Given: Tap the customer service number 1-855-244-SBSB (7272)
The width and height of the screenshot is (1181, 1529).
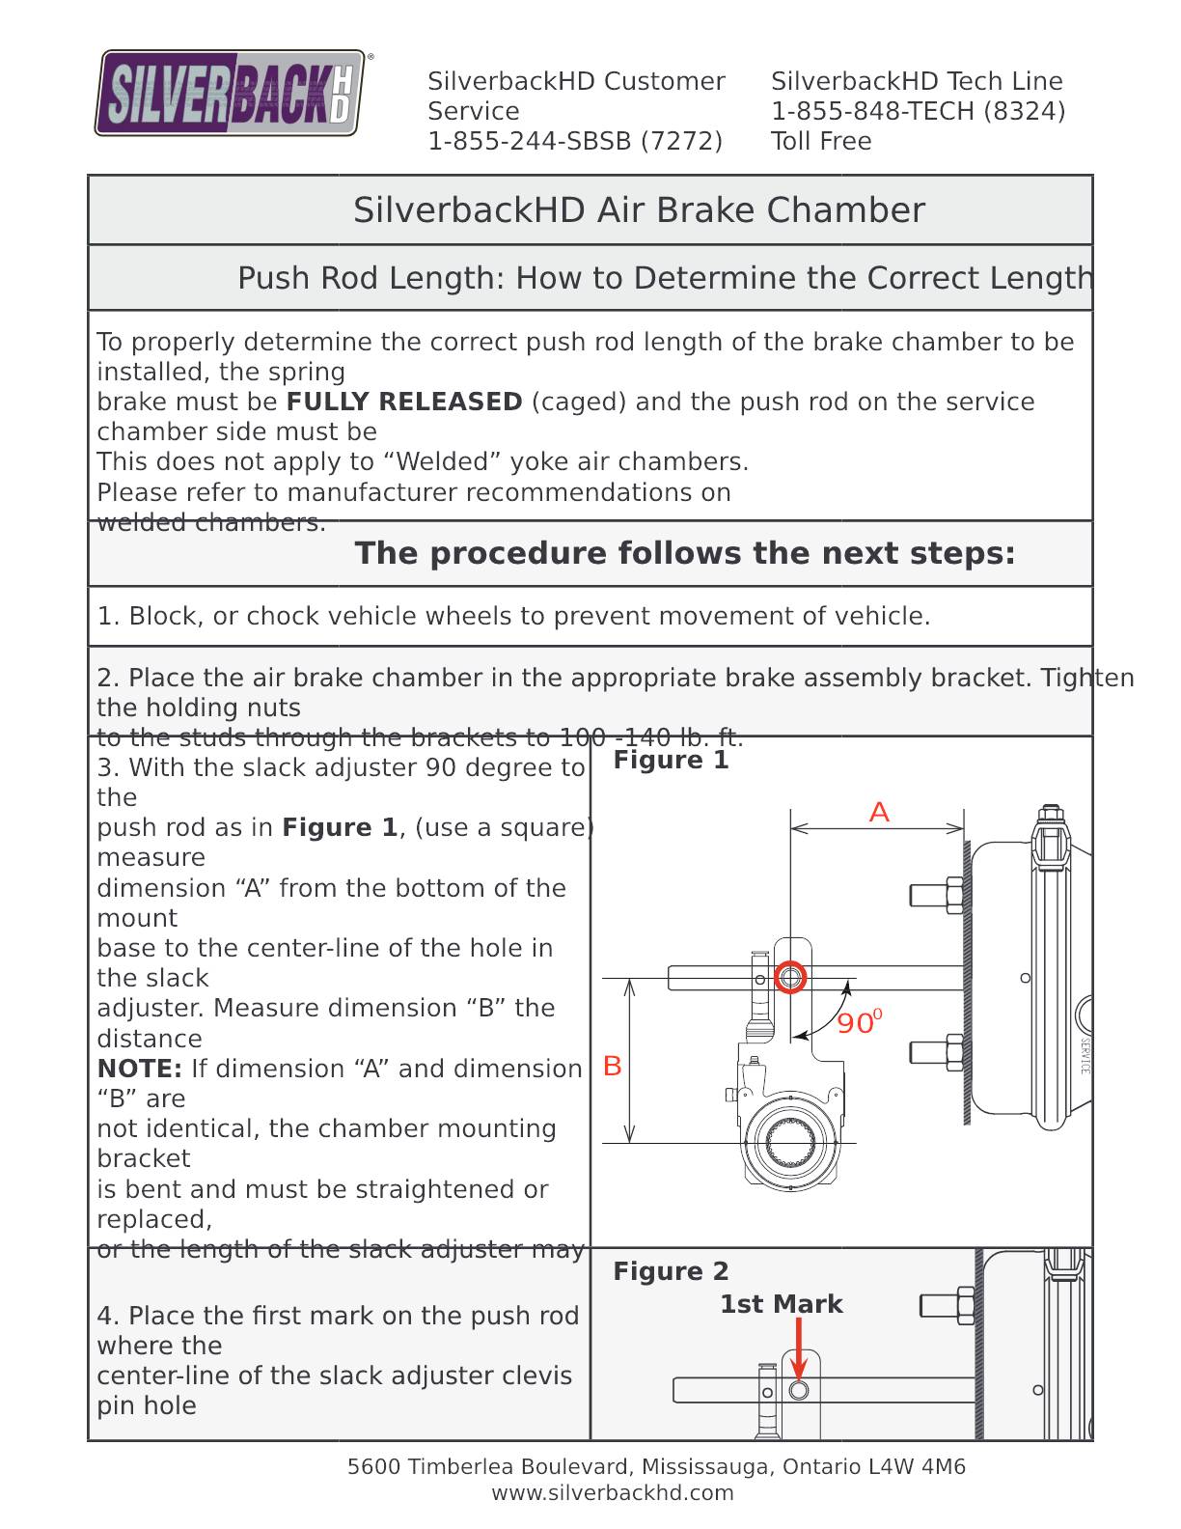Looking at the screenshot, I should click(575, 141).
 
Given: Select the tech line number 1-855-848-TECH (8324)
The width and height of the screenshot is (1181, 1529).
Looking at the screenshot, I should click(918, 111).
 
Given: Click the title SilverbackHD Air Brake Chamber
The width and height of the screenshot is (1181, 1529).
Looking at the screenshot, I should click(639, 209).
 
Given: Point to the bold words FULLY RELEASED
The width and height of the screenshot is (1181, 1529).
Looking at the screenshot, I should click(404, 402).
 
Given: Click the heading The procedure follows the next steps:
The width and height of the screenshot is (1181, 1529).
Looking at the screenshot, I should click(685, 553).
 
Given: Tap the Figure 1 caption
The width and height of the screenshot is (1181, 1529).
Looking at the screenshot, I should click(671, 760).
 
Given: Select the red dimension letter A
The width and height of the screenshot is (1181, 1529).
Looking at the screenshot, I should click(878, 813).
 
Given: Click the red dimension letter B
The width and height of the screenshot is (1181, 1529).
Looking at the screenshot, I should click(612, 1066).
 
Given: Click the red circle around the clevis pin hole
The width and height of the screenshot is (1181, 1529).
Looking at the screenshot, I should click(790, 978).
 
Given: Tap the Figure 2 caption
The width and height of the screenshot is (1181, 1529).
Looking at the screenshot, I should click(671, 1271).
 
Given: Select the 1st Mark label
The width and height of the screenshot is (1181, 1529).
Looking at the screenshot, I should click(781, 1304).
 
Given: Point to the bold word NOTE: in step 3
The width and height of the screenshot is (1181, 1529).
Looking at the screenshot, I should click(139, 1069).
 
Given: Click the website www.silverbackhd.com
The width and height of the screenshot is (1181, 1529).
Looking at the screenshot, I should click(613, 1492).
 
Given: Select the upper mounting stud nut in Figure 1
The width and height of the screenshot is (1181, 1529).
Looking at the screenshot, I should click(953, 895).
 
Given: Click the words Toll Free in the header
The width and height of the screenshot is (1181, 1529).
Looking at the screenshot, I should click(821, 141).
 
